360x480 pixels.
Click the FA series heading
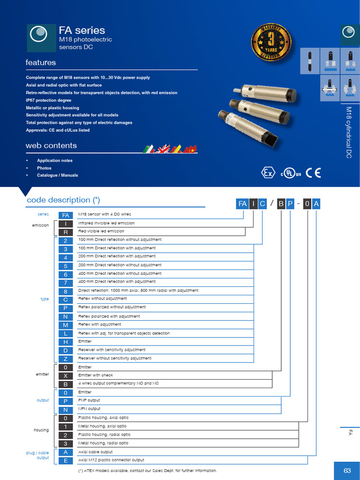click(x=82, y=30)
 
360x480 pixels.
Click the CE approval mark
click(x=313, y=172)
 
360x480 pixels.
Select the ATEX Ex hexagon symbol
click(x=268, y=173)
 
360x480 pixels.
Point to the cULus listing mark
click(x=291, y=173)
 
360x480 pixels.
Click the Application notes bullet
click(x=55, y=160)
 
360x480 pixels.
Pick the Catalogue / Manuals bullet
click(x=58, y=175)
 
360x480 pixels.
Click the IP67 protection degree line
click(x=49, y=100)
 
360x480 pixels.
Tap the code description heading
click(x=63, y=200)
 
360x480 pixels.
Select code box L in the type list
click(x=66, y=333)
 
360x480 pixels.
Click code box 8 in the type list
click(x=66, y=291)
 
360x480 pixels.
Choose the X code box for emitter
click(x=66, y=375)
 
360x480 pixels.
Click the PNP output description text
click(x=89, y=400)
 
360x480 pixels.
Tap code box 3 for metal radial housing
click(x=66, y=443)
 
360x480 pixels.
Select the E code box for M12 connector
click(x=66, y=460)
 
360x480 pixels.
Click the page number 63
click(x=347, y=471)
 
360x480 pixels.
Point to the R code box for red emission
click(x=66, y=232)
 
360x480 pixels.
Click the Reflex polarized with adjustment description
click(x=109, y=316)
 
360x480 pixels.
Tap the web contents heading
click(x=51, y=146)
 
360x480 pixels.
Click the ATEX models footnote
click(x=148, y=471)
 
